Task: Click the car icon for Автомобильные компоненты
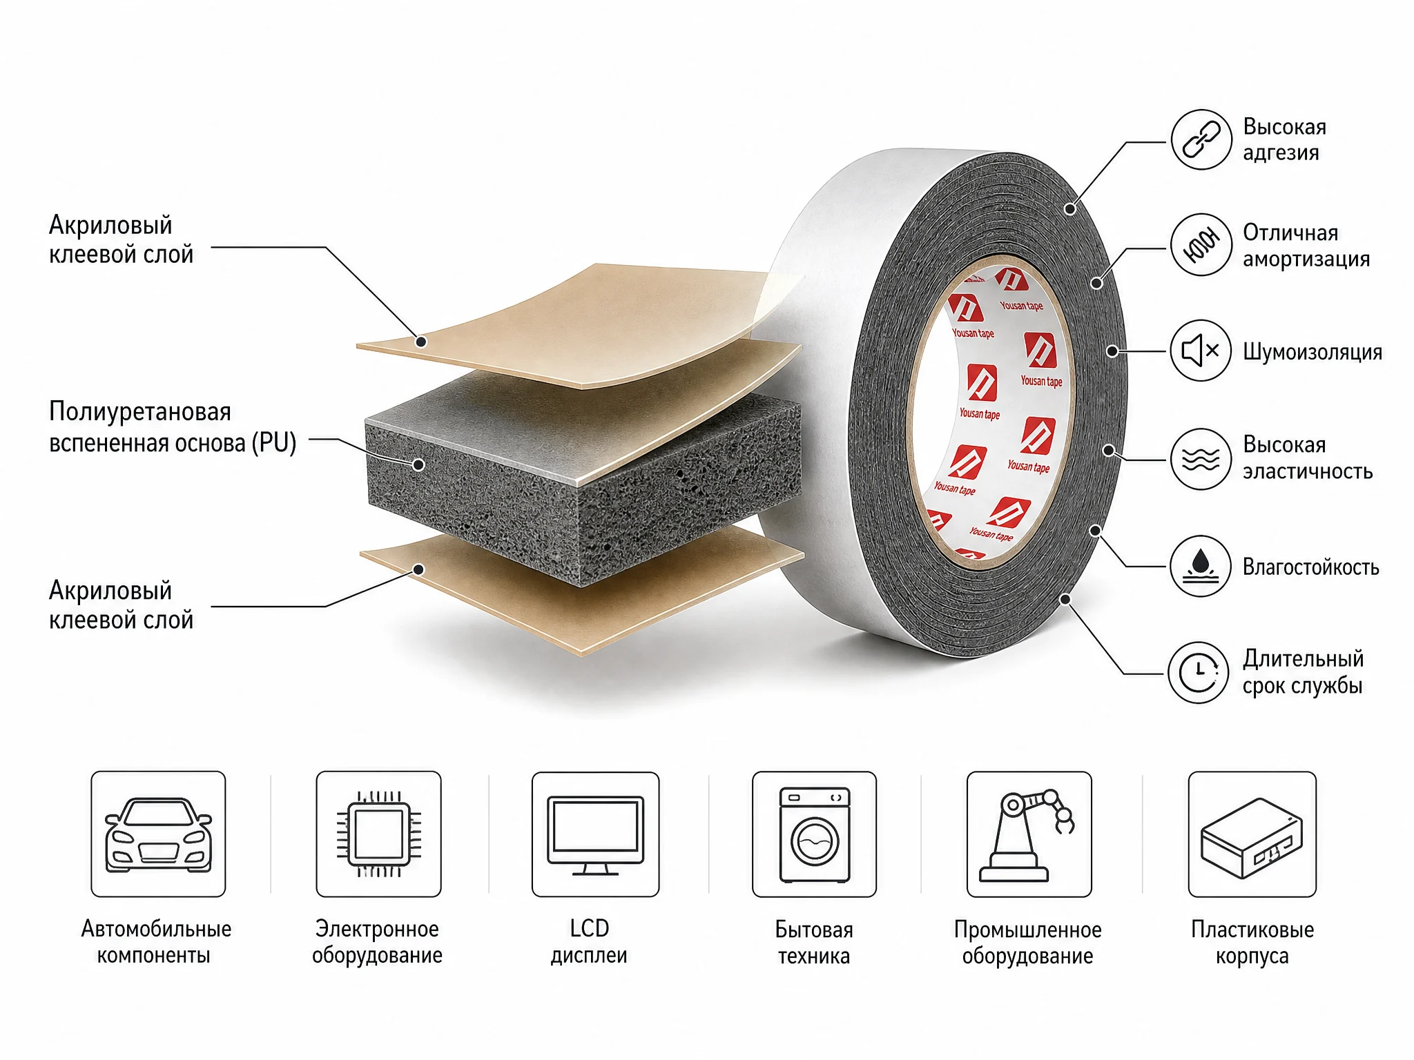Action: click(x=158, y=834)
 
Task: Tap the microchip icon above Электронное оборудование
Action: click(x=378, y=834)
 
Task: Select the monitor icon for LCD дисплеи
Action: click(x=595, y=835)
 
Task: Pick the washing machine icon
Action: click(x=815, y=835)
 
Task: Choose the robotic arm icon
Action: click(x=1029, y=836)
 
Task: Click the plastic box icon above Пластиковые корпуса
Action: click(x=1252, y=837)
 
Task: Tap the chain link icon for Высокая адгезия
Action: click(x=1201, y=139)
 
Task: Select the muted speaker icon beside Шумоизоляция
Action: click(x=1201, y=351)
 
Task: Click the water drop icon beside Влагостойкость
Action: click(x=1201, y=565)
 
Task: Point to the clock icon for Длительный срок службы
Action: click(x=1199, y=672)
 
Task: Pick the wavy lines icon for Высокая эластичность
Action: click(x=1201, y=458)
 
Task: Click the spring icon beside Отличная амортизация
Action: click(x=1201, y=245)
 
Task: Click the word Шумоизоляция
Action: click(x=1313, y=352)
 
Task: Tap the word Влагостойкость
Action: click(x=1311, y=567)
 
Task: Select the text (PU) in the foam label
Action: click(x=274, y=442)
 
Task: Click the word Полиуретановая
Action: click(x=140, y=412)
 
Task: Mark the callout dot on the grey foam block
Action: click(x=418, y=464)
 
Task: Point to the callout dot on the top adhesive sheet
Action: click(x=421, y=341)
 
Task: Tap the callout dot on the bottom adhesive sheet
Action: click(x=418, y=569)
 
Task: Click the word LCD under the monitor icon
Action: click(x=590, y=928)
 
